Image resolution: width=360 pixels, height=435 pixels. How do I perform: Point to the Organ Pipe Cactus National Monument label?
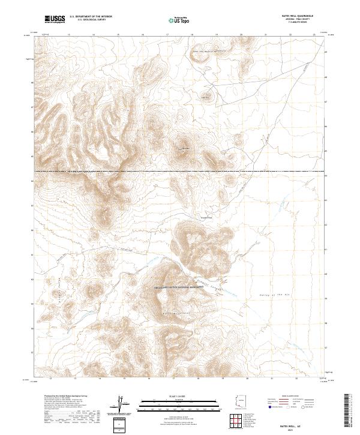tap(180, 287)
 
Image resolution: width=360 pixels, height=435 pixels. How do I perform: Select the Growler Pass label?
tap(206, 217)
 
